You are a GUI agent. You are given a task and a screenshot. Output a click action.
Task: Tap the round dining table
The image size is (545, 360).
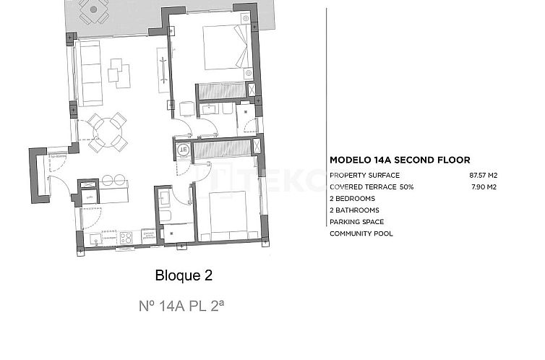point(106,132)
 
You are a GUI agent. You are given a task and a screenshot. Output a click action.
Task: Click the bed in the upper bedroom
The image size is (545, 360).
point(225,48)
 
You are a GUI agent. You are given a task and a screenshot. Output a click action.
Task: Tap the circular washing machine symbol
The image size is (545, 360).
point(183,150)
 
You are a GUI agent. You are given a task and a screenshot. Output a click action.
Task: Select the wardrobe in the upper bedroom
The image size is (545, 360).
point(222,91)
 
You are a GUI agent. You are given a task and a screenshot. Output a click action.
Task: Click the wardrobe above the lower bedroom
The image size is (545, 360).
point(226,149)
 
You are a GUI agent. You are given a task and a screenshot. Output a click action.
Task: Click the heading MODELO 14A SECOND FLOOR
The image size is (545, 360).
point(400,160)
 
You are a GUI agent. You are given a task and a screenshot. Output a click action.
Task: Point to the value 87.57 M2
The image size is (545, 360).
point(484,176)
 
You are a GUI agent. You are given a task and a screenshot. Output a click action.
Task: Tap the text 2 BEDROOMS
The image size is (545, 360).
point(352,199)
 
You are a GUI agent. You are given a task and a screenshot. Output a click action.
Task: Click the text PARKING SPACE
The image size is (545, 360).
point(356,222)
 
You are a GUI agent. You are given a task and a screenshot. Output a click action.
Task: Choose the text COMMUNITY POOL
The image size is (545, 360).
point(361,233)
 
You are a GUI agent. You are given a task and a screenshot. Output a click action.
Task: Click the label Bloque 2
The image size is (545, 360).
point(184,275)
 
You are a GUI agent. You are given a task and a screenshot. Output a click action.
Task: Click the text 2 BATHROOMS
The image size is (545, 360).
point(353,210)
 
